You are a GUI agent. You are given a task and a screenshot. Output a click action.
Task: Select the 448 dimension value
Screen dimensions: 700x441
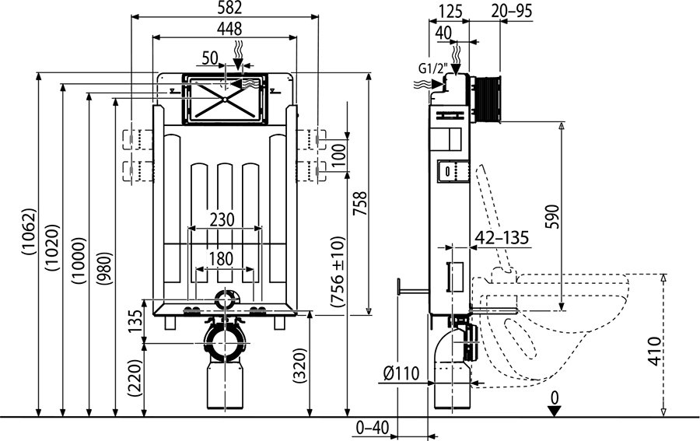click(229, 29)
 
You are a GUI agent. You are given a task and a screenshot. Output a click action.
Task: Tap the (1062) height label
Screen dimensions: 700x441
click(29, 231)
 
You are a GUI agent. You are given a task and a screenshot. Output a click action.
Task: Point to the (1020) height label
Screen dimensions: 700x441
click(53, 247)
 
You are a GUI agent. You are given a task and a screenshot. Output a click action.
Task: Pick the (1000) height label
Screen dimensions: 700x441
click(79, 261)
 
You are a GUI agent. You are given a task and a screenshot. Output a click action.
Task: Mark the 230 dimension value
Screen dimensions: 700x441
click(222, 219)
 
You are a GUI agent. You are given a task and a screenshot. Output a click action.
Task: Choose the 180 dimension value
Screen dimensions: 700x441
click(222, 259)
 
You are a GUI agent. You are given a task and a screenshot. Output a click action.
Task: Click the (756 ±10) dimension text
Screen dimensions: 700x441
click(338, 271)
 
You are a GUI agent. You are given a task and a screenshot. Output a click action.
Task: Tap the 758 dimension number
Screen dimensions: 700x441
click(360, 204)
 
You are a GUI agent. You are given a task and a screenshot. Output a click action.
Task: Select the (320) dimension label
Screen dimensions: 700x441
click(300, 366)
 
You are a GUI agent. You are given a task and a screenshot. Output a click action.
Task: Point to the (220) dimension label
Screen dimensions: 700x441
click(135, 378)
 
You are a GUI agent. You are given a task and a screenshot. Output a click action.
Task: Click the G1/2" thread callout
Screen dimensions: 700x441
click(433, 68)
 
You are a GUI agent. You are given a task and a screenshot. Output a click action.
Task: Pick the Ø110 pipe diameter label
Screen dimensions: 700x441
click(401, 373)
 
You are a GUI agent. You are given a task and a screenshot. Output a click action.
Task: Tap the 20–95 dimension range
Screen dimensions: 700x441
click(512, 10)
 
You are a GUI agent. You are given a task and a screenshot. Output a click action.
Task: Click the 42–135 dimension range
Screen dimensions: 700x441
click(502, 237)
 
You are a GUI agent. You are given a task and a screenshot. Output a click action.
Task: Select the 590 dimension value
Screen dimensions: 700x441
click(553, 216)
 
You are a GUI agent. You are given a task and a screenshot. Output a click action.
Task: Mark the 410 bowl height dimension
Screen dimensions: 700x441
click(654, 352)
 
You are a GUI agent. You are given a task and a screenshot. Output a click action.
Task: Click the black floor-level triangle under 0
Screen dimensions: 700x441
click(555, 411)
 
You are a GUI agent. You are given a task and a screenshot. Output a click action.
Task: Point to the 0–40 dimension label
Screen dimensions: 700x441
click(372, 428)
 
